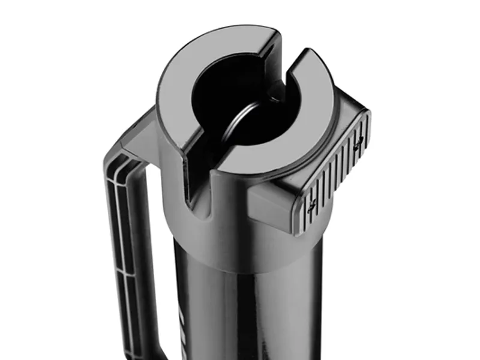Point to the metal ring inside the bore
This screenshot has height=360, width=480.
point(240,120)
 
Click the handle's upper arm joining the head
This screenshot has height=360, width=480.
point(135,138)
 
